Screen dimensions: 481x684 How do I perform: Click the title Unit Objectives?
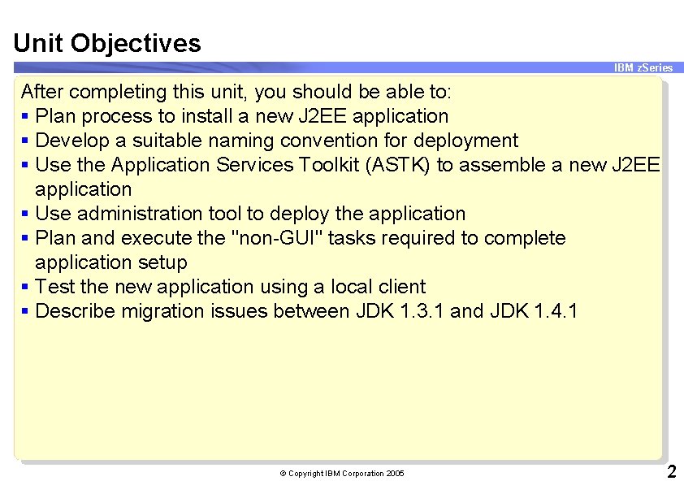[107, 43]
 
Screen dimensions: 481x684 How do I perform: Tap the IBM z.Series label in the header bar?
[643, 68]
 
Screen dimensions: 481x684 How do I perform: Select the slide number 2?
[671, 472]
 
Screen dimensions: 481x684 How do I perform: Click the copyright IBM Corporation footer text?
[341, 473]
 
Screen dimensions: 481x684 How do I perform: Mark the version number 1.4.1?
[556, 311]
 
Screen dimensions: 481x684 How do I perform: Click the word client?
[402, 287]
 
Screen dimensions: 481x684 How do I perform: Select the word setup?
[162, 262]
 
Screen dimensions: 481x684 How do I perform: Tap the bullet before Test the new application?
[27, 287]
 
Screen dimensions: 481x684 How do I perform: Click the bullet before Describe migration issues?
[27, 311]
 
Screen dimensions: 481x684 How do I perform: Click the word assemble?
[500, 165]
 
